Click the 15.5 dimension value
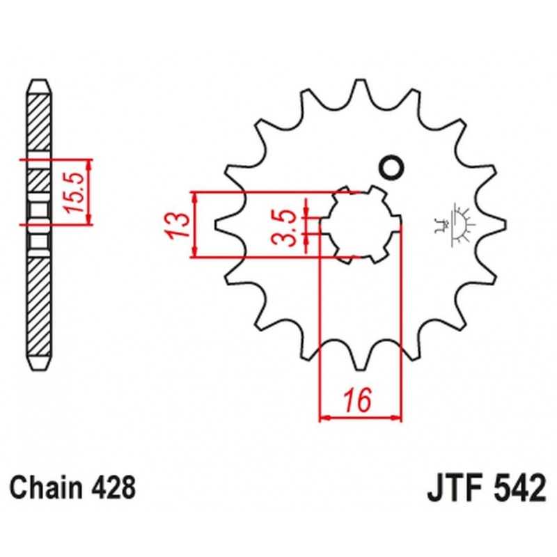click(x=74, y=192)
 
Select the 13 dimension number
click(x=177, y=225)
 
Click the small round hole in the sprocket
click(x=392, y=167)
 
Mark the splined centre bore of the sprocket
click(x=361, y=224)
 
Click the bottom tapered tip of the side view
click(x=39, y=363)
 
